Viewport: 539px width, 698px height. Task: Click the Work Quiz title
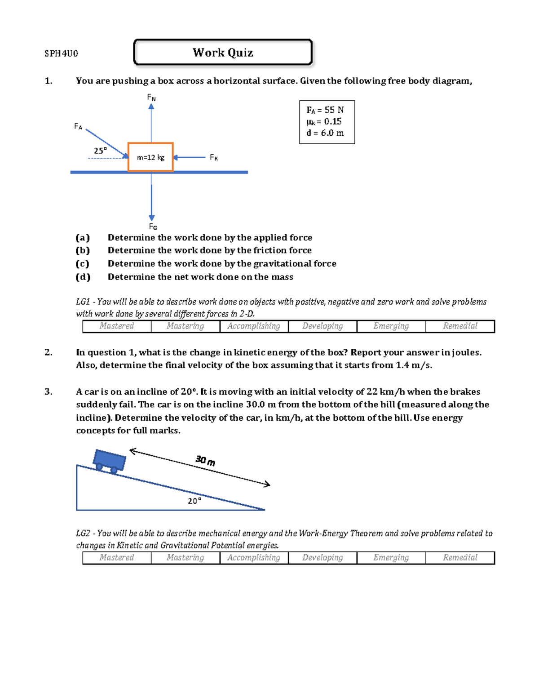(223, 53)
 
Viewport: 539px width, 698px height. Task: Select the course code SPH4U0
(61, 53)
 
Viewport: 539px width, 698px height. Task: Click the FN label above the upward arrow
(151, 98)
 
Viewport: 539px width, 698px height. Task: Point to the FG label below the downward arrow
(153, 227)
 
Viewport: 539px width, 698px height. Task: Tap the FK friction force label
(214, 158)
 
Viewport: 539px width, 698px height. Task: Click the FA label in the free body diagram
(78, 127)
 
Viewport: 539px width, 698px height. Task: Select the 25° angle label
(100, 151)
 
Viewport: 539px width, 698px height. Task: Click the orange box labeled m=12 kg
(150, 157)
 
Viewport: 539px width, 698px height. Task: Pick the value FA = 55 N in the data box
(325, 110)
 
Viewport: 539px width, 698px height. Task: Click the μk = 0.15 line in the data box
(324, 121)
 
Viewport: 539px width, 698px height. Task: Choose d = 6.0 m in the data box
(325, 133)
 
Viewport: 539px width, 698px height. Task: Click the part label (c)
(83, 264)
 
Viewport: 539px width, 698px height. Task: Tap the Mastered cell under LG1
(117, 326)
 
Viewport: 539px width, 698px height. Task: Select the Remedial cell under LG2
(460, 558)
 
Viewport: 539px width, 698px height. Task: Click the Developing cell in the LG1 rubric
(323, 326)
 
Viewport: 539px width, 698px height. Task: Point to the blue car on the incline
(109, 461)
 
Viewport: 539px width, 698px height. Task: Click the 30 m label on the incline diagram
(205, 460)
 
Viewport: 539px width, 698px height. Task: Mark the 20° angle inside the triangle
(194, 501)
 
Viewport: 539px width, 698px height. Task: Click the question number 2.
(49, 352)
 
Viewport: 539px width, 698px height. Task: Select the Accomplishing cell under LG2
(254, 558)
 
